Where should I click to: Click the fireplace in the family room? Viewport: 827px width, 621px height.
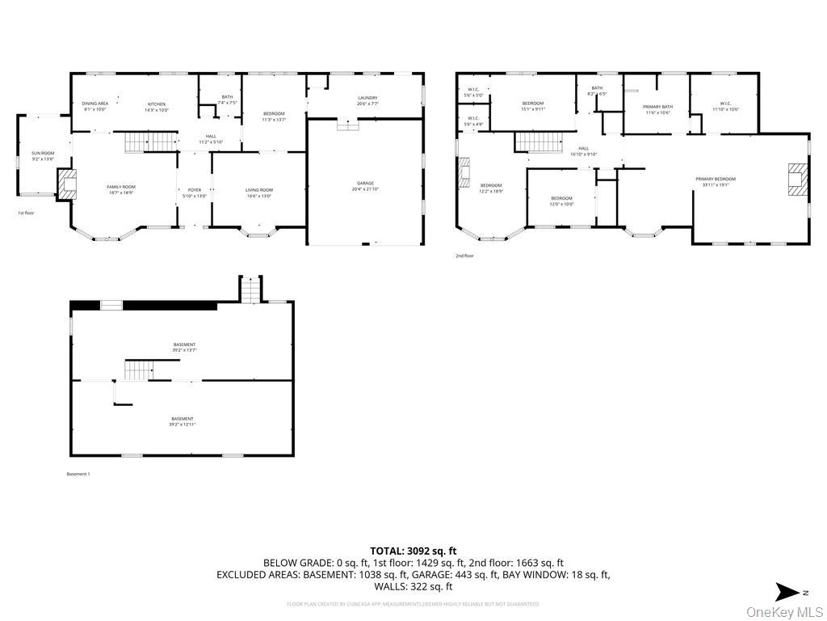67,184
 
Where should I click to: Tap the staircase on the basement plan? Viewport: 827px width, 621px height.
138,370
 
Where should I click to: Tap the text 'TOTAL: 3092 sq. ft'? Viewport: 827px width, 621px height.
413,551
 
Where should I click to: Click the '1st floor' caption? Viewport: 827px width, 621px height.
26,213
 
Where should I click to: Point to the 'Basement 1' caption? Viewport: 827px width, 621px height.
78,474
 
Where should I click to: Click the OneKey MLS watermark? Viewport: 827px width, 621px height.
784,611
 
